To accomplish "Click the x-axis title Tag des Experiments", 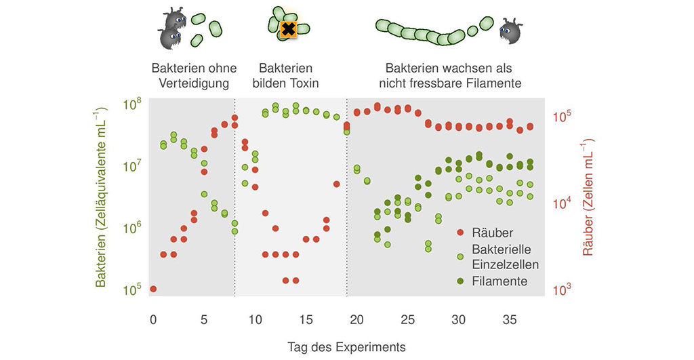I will [346, 346].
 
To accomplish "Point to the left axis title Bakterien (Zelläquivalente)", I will [102, 197].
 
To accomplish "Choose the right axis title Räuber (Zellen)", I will [588, 197].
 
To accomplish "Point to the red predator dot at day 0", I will [153, 289].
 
